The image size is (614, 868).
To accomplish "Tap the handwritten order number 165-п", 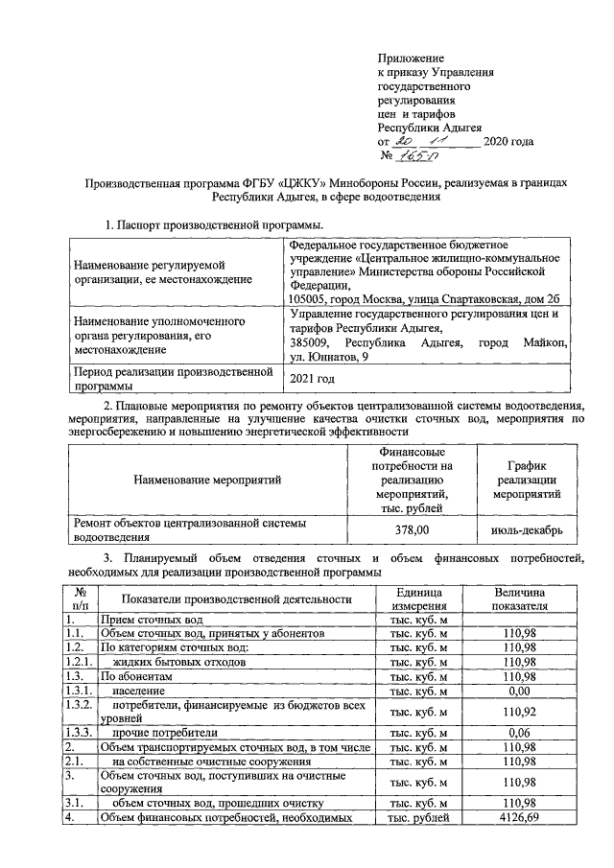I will (416, 156).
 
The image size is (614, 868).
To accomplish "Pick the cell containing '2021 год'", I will (313, 378).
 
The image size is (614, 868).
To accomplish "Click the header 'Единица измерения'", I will (417, 599).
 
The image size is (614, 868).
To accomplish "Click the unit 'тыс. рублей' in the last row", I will (417, 817).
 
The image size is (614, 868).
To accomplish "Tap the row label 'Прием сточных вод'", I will (151, 621).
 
